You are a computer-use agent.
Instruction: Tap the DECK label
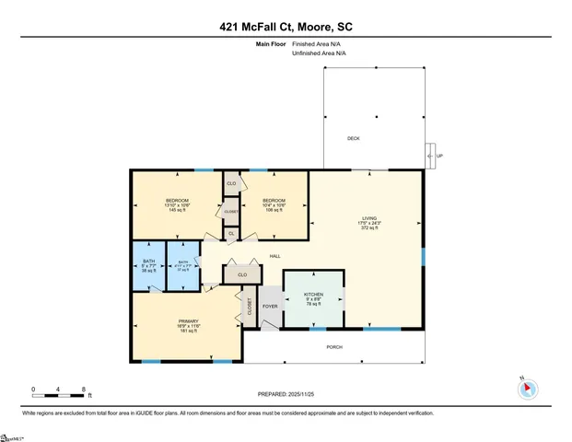(353, 139)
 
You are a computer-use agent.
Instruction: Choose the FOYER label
(270, 306)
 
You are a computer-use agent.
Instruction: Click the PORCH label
(335, 347)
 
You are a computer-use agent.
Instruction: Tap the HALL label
(274, 256)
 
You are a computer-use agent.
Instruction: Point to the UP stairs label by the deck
(439, 156)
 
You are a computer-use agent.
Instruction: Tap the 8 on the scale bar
(85, 390)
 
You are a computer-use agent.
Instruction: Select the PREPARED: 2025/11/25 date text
(286, 393)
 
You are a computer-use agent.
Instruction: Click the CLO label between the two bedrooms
(231, 184)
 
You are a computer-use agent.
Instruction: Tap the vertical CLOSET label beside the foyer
(249, 308)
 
